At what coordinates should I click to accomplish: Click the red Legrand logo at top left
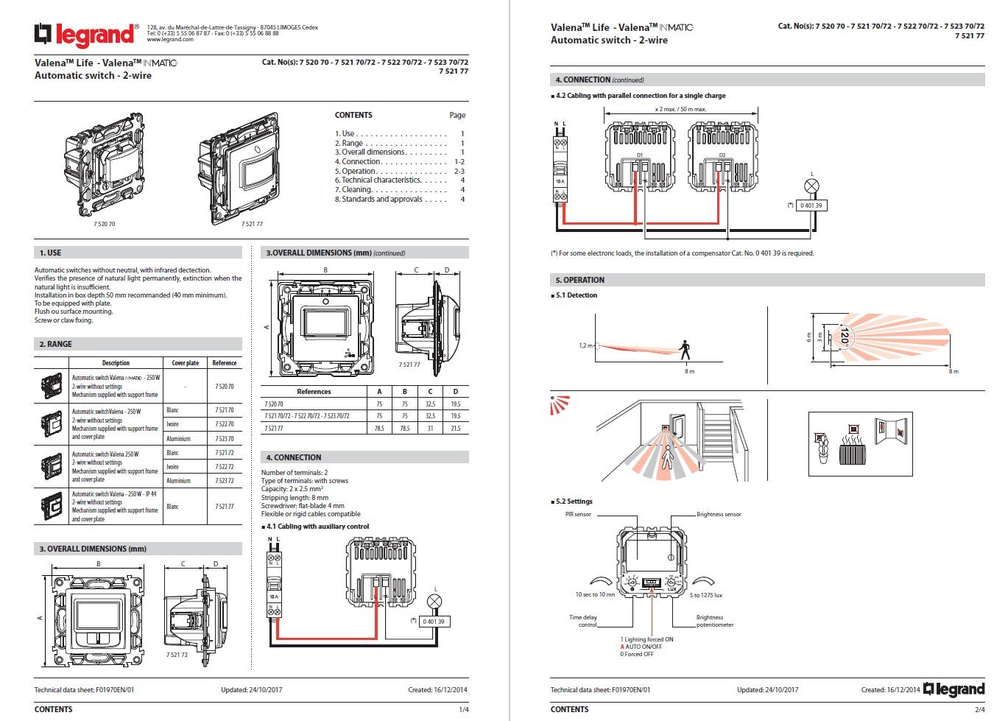[x=85, y=34]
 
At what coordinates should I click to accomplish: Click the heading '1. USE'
[x=51, y=253]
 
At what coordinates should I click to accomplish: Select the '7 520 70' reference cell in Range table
[x=225, y=386]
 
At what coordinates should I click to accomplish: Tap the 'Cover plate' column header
[x=185, y=363]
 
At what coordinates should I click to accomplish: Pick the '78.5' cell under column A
[x=379, y=428]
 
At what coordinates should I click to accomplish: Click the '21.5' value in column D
[x=455, y=428]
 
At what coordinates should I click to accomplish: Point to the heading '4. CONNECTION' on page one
[x=294, y=457]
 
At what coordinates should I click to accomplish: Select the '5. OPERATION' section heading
[x=579, y=280]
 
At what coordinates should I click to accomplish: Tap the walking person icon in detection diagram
[x=685, y=349]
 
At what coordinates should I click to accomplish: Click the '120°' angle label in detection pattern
[x=844, y=337]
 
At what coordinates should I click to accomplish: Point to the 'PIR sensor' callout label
[x=578, y=514]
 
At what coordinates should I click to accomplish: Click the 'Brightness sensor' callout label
[x=719, y=514]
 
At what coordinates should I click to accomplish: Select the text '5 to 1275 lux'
[x=705, y=595]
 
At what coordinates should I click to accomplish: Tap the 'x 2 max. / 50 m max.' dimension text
[x=680, y=109]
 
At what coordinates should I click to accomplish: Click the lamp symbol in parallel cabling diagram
[x=812, y=186]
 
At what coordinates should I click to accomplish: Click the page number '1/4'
[x=464, y=710]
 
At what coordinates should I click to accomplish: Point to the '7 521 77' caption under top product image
[x=252, y=224]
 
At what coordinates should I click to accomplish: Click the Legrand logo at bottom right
[x=954, y=689]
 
